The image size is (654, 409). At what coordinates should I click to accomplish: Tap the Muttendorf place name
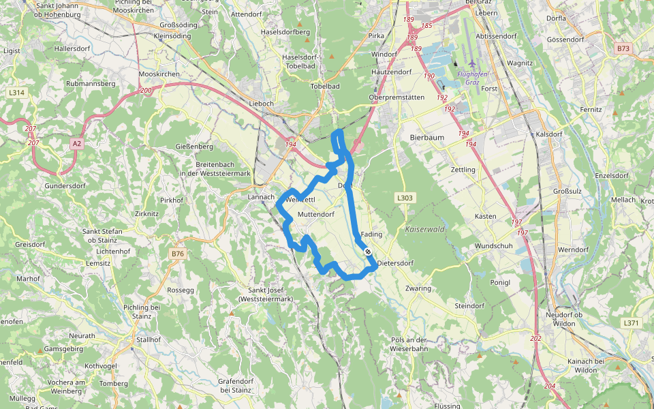pyautogui.click(x=316, y=214)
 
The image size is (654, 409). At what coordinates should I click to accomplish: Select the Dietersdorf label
pyautogui.click(x=395, y=262)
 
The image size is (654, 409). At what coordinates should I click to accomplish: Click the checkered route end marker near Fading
pyautogui.click(x=368, y=252)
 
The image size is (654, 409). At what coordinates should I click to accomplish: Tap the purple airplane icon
pyautogui.click(x=471, y=63)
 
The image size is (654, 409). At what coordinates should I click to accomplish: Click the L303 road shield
pyautogui.click(x=404, y=198)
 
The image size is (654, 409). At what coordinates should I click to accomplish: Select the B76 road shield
pyautogui.click(x=178, y=254)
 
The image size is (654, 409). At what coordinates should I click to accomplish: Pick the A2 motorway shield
pyautogui.click(x=76, y=143)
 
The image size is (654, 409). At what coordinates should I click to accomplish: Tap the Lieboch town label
pyautogui.click(x=262, y=103)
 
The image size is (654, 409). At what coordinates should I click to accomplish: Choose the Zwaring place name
pyautogui.click(x=418, y=288)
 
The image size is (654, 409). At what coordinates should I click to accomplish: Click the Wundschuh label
pyautogui.click(x=493, y=245)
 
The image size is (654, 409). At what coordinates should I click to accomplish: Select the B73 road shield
pyautogui.click(x=623, y=48)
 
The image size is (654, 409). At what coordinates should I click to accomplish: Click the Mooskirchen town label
pyautogui.click(x=159, y=73)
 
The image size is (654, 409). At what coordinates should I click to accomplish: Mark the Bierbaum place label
pyautogui.click(x=427, y=137)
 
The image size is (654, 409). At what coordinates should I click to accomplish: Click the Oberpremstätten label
pyautogui.click(x=396, y=97)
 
